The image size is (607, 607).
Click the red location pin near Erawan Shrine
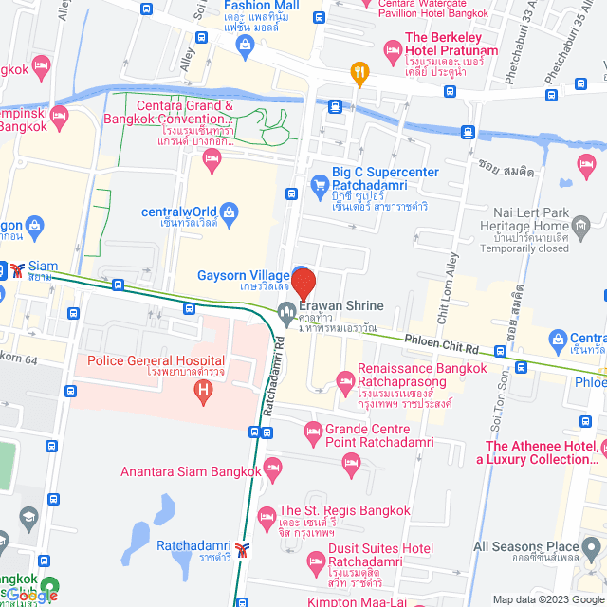[x=303, y=284]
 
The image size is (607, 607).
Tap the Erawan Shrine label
[x=341, y=305]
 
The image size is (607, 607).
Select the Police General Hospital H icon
[x=201, y=391]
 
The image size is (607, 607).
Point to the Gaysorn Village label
[x=242, y=276]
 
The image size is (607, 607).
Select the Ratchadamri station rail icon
[x=243, y=548]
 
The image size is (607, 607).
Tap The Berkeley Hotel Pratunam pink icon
[x=391, y=48]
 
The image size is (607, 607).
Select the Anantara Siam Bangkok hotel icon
[x=273, y=466]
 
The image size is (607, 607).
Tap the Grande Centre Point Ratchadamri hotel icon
[x=312, y=432]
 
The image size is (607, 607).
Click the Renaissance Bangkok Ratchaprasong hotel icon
[x=344, y=382]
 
